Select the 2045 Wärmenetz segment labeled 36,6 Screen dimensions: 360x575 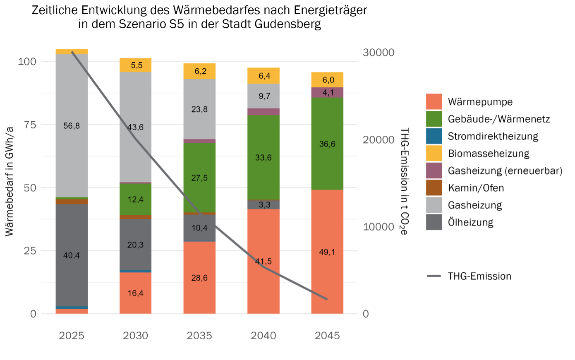327,144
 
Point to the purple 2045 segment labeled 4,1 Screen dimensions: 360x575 327,93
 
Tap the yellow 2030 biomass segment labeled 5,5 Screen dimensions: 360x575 135,65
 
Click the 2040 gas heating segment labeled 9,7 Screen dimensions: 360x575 264,96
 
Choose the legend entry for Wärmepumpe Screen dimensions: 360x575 480,102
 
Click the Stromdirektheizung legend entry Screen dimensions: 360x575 493,137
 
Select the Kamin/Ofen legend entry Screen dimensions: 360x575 476,188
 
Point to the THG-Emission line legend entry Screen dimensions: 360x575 479,276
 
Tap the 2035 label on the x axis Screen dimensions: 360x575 199,336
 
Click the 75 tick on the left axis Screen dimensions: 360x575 30,125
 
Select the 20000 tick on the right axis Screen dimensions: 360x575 379,140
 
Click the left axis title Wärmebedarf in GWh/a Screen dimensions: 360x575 10,181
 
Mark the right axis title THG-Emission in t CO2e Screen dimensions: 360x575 404,181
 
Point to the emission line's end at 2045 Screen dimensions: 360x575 327,299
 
